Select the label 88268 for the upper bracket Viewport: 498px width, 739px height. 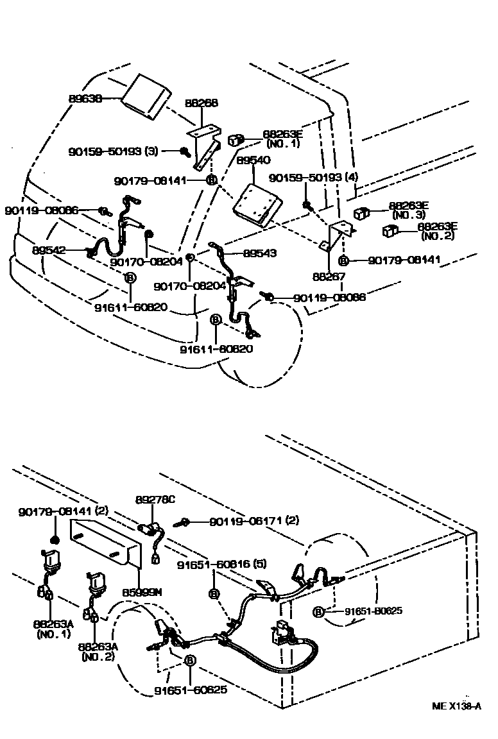(202, 103)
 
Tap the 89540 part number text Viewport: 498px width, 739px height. (253, 160)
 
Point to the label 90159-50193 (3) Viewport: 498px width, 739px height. (113, 151)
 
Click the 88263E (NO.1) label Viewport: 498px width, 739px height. (282, 139)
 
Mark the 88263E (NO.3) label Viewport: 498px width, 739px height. (408, 210)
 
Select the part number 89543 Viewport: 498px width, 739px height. (260, 253)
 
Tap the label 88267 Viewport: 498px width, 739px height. (329, 277)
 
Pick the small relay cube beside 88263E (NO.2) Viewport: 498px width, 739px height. (390, 231)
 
